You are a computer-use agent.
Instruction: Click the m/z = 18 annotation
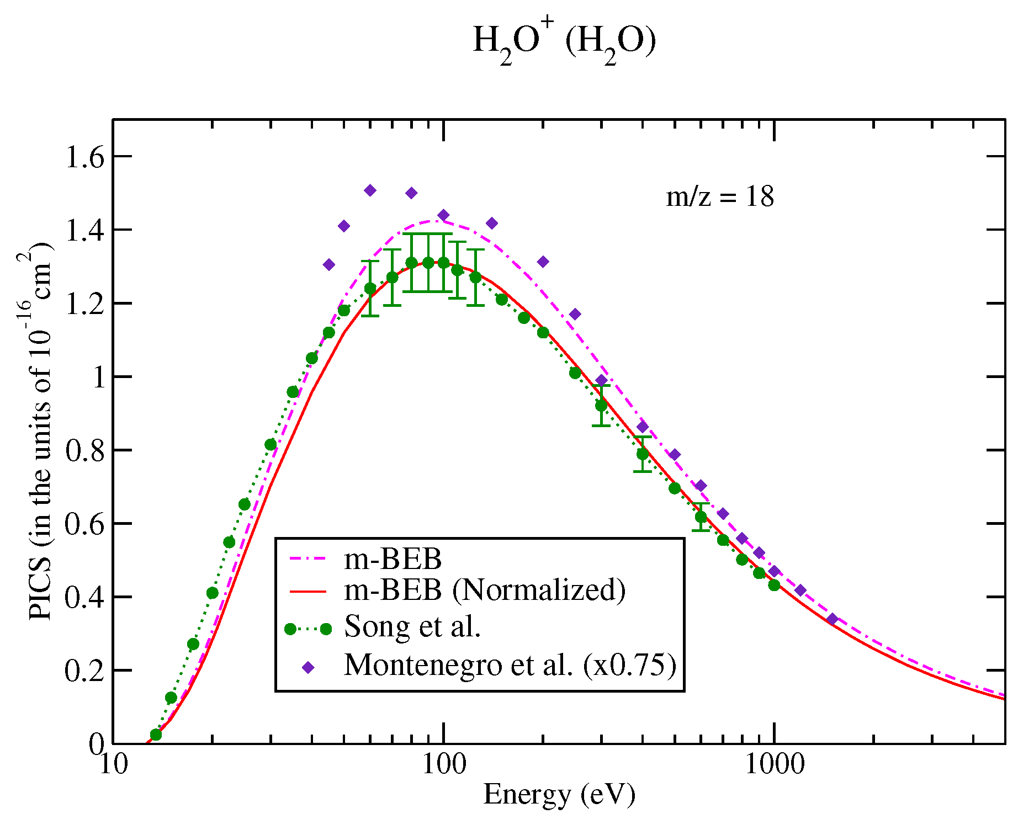(x=720, y=197)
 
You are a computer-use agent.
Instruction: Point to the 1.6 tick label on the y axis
(x=84, y=158)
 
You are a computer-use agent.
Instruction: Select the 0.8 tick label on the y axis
(x=84, y=451)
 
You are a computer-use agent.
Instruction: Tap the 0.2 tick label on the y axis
(x=84, y=672)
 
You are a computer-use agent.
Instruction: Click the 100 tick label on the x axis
(x=443, y=765)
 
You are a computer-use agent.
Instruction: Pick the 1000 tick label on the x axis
(x=774, y=765)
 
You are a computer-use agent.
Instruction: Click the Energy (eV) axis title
(x=559, y=795)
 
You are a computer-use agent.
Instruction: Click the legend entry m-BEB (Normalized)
(x=485, y=590)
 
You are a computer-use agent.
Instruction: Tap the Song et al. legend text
(x=412, y=626)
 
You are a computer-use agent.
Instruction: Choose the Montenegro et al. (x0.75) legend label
(x=510, y=664)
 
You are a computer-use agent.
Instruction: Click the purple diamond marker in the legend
(x=309, y=668)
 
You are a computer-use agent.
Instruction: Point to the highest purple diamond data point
(x=370, y=190)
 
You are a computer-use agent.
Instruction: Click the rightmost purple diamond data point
(x=833, y=619)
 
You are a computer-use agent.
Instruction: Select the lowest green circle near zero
(x=156, y=735)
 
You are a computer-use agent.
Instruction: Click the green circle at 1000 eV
(x=774, y=585)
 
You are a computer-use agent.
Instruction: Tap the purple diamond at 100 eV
(x=443, y=215)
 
